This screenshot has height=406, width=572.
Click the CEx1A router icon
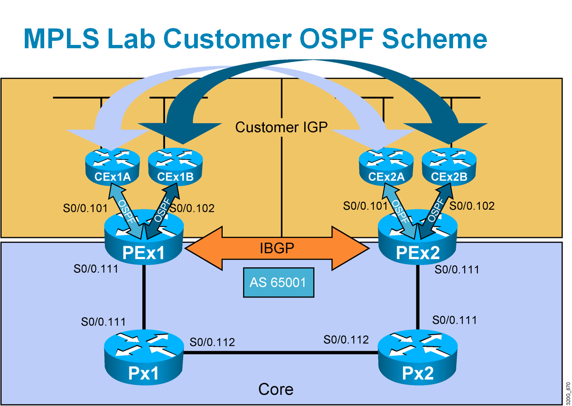click(x=112, y=167)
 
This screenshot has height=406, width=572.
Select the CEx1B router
click(x=176, y=167)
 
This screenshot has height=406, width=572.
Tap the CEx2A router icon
click(x=386, y=167)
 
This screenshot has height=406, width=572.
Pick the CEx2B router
click(x=449, y=167)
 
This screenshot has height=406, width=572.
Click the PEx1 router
click(x=144, y=243)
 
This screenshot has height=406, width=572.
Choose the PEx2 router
click(x=418, y=243)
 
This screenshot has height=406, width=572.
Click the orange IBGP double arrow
click(x=277, y=248)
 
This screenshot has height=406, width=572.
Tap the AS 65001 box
click(x=278, y=283)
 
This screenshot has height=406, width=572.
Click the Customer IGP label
click(x=281, y=127)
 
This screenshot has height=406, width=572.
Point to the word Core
click(x=275, y=389)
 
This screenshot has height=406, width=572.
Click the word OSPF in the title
click(x=337, y=38)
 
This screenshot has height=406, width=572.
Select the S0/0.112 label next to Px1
click(x=212, y=342)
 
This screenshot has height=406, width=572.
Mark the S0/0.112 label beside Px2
click(x=346, y=340)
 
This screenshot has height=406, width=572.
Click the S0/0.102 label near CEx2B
click(x=472, y=206)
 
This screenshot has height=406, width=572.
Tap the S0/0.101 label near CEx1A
click(x=85, y=208)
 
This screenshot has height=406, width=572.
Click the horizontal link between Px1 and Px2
click(x=281, y=352)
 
